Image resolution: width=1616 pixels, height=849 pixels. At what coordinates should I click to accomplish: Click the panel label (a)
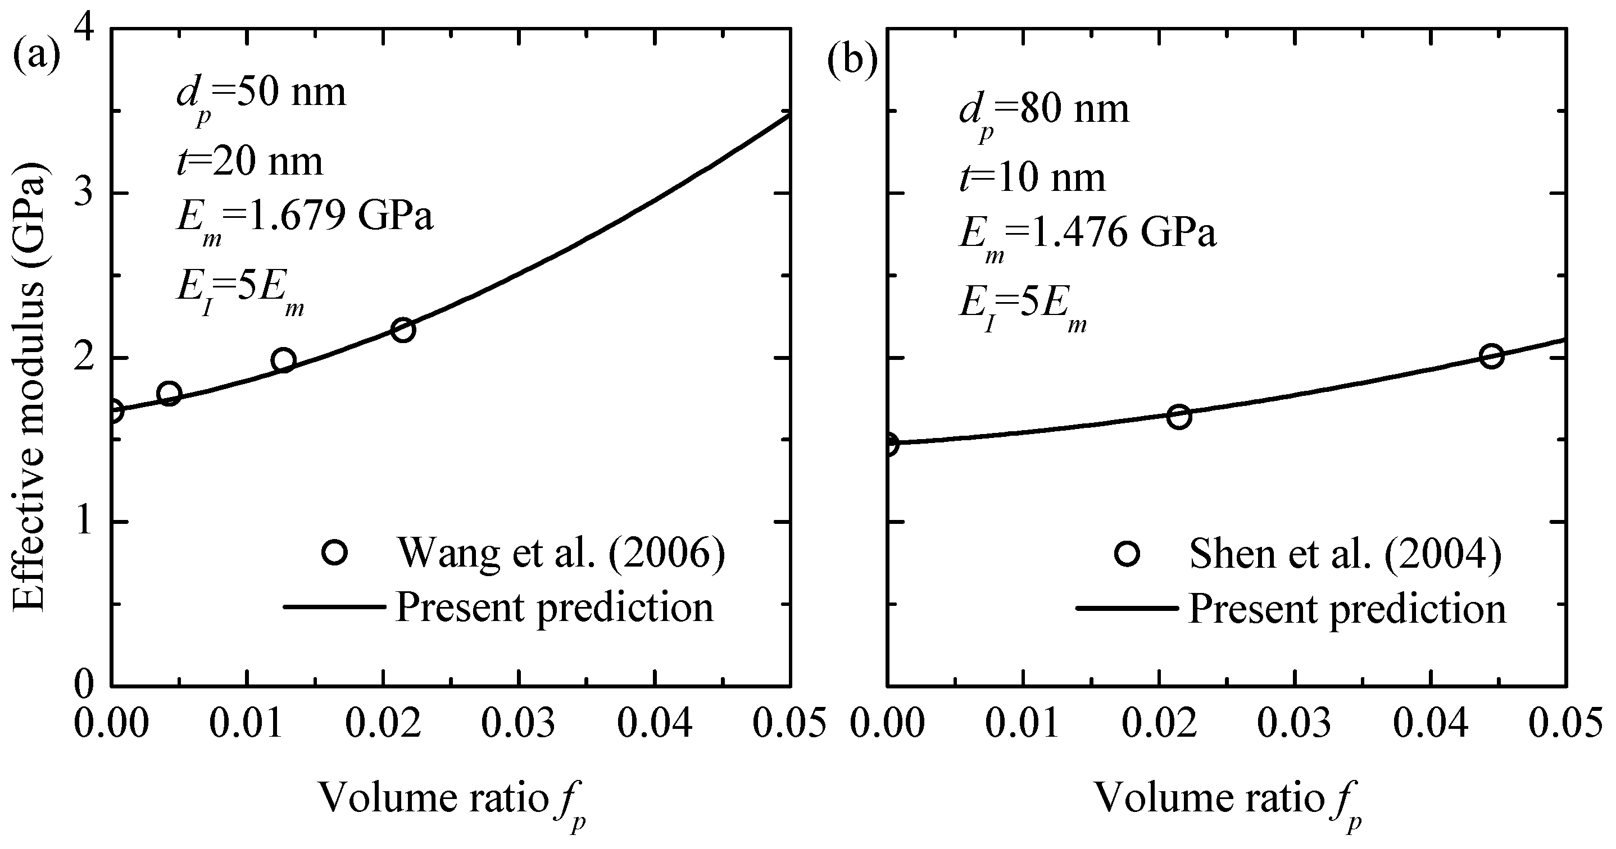pos(37,57)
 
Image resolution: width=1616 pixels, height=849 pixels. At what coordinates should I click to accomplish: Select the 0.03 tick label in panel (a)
pos(518,724)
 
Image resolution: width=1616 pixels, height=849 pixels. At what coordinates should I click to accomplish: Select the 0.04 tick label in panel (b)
pos(1431,724)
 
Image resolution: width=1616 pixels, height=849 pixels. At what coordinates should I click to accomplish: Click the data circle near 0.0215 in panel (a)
pos(403,330)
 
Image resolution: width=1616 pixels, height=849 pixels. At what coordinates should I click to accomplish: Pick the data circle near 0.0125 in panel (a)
pos(284,360)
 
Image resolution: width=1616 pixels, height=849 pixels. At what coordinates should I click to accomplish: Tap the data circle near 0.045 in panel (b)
pos(1491,356)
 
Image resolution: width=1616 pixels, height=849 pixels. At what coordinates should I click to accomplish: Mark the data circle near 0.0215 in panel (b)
pos(1179,416)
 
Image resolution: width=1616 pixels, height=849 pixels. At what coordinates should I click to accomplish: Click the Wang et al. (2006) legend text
pos(561,553)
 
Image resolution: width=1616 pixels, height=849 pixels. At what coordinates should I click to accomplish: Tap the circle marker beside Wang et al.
pos(334,553)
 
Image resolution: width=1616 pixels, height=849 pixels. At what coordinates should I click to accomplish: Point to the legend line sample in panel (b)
pos(1127,608)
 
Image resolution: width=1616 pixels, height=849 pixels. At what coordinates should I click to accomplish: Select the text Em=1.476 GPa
pos(1087,235)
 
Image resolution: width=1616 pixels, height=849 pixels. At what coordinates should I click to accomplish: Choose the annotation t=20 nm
pos(249,162)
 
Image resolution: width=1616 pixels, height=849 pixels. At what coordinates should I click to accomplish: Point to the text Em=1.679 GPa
pos(304,220)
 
